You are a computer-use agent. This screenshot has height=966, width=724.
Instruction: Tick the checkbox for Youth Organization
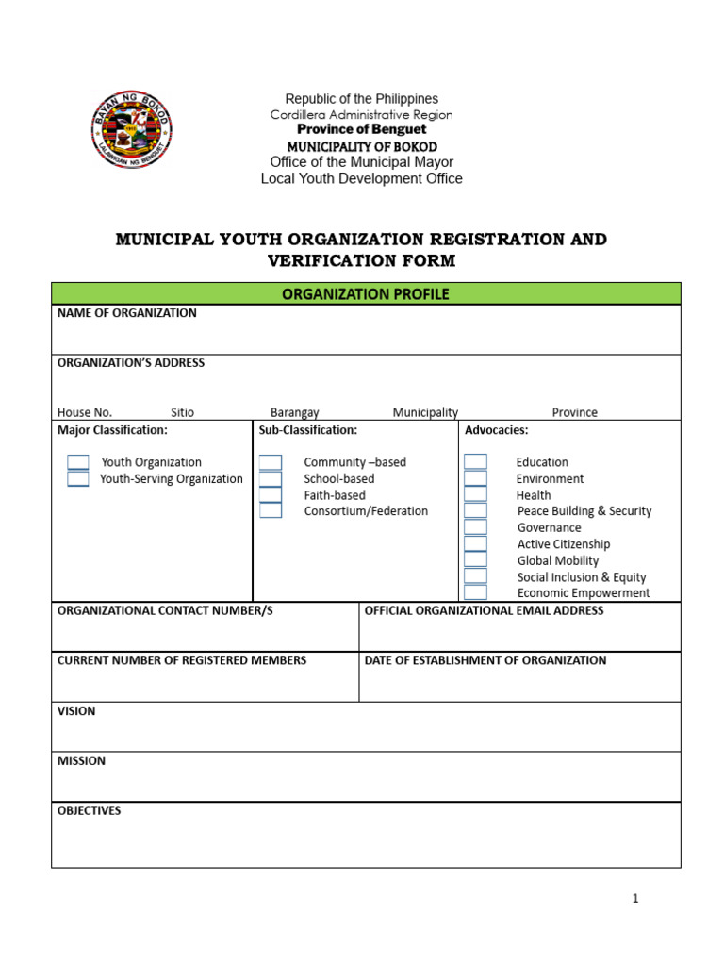78,462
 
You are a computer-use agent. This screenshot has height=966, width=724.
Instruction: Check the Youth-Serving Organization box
78,479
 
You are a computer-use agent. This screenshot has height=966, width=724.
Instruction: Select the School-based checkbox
271,479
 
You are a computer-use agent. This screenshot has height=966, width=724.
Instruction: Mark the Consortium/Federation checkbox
271,511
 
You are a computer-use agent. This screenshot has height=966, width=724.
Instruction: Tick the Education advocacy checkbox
476,462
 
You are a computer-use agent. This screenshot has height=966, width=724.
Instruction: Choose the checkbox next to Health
476,495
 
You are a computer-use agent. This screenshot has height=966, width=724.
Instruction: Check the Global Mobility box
476,560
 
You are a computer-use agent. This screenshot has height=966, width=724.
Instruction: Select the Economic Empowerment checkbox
476,592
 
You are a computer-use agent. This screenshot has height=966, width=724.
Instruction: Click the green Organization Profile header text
366,294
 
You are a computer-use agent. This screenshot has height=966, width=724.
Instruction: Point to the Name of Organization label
127,313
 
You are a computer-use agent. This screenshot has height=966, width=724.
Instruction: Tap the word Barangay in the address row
295,412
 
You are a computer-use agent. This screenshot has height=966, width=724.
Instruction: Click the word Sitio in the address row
183,412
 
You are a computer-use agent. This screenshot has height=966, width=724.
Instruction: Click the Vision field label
76,711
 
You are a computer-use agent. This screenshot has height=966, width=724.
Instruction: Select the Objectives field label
90,810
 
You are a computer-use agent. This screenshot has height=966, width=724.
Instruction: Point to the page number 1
635,899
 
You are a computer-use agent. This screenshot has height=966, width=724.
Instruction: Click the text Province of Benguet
362,129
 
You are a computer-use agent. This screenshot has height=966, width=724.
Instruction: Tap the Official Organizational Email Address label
484,611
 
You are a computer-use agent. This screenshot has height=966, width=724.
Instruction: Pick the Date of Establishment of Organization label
485,660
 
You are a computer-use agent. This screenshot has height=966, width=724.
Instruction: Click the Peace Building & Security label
584,511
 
